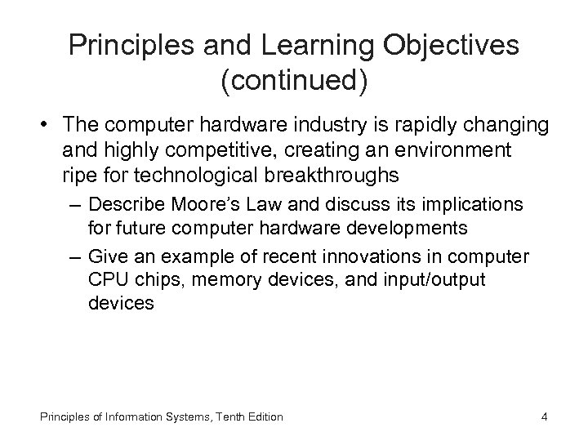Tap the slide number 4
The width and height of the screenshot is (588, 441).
pos(544,416)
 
